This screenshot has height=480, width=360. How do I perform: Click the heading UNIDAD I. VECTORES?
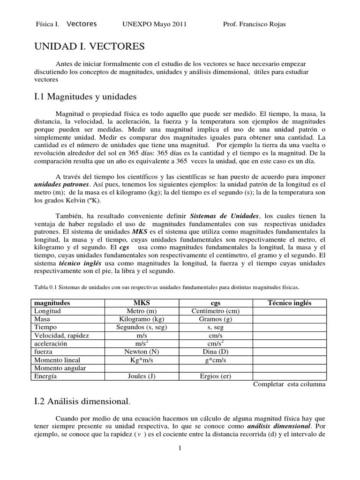coord(90,46)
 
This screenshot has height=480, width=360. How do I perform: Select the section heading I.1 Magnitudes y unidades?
coord(85,97)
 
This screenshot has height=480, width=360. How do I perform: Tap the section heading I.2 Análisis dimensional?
coord(82,401)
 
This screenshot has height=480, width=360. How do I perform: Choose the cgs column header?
coord(216,303)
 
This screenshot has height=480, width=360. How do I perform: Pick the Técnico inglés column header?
coord(289,303)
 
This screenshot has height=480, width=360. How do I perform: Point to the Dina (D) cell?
coord(216,351)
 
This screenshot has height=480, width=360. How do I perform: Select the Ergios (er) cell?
coord(216,376)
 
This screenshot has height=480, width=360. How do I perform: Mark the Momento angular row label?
coord(60,368)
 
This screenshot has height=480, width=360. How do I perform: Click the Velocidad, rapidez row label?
coord(62,335)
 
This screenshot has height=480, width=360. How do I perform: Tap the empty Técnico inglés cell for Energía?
coord(289,376)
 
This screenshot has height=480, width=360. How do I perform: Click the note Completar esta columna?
coord(289,384)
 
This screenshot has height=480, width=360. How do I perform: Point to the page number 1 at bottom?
coord(180,448)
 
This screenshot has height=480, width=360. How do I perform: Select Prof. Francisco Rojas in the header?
coord(255,24)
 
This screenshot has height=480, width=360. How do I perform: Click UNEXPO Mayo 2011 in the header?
coord(154,24)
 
